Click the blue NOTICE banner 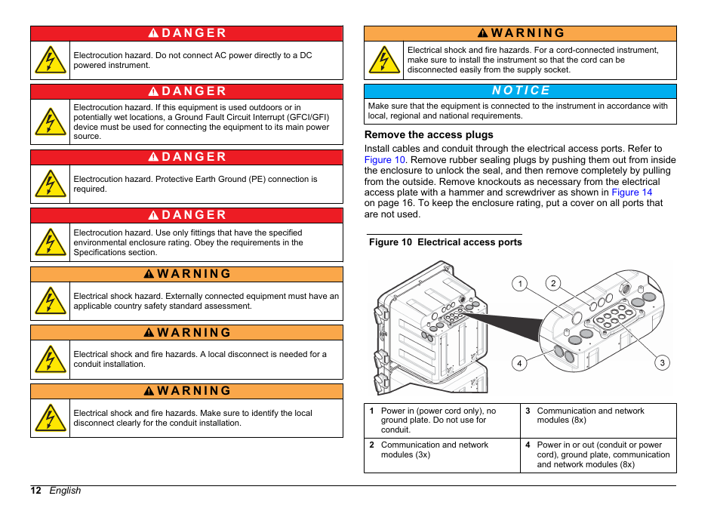pyautogui.click(x=520, y=91)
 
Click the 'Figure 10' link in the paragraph pyautogui.click(x=385, y=160)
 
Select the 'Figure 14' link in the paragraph pyautogui.click(x=632, y=192)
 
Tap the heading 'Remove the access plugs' pyautogui.click(x=429, y=135)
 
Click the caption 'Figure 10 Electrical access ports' pyautogui.click(x=445, y=242)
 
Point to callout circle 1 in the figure pyautogui.click(x=519, y=284)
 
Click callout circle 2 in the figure pyautogui.click(x=553, y=283)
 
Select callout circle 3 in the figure pyautogui.click(x=662, y=363)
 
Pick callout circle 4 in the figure pyautogui.click(x=519, y=363)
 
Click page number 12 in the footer pyautogui.click(x=35, y=491)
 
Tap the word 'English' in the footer pyautogui.click(x=65, y=491)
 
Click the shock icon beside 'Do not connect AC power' pyautogui.click(x=51, y=60)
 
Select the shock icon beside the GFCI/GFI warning pyautogui.click(x=51, y=122)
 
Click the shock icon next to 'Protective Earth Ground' pyautogui.click(x=51, y=184)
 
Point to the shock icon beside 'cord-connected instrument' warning pyautogui.click(x=384, y=60)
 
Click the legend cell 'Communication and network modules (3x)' pyautogui.click(x=442, y=455)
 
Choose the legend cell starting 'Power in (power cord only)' pyautogui.click(x=442, y=420)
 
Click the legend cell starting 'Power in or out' pyautogui.click(x=598, y=455)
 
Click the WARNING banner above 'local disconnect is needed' pyautogui.click(x=186, y=333)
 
